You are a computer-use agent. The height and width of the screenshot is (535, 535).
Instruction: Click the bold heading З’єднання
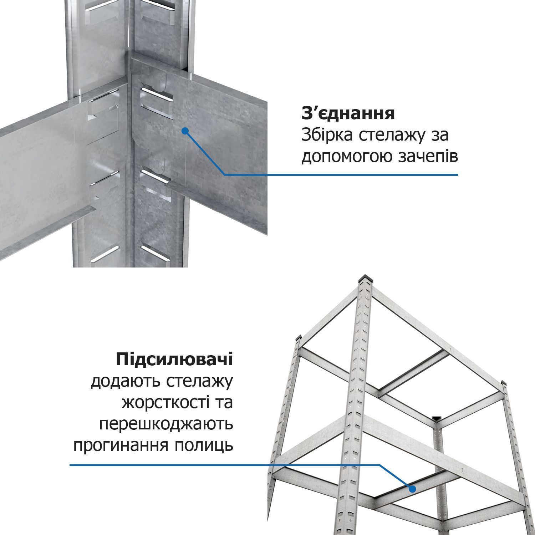[348, 113]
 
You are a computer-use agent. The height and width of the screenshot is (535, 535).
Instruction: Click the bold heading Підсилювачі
[174, 360]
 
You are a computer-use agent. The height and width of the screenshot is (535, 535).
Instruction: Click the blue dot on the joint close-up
[185, 131]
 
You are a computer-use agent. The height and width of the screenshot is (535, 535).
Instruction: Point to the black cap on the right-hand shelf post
[504, 383]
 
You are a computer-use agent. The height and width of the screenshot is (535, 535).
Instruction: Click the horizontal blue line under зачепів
[341, 175]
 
